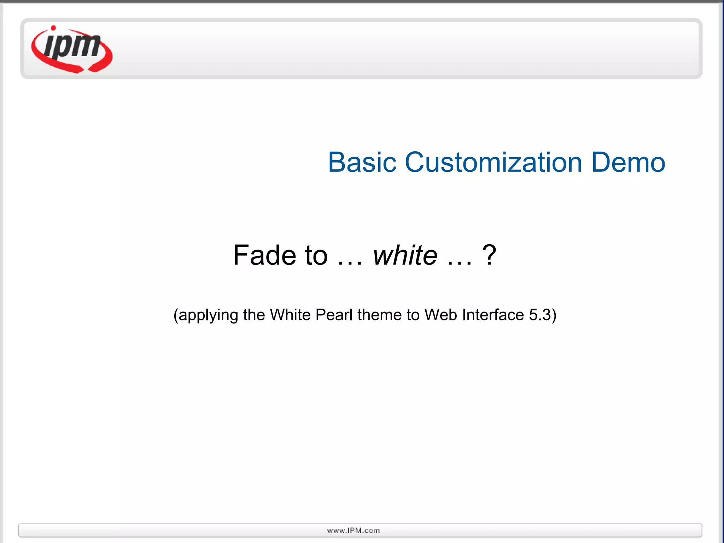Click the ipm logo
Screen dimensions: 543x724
(72, 49)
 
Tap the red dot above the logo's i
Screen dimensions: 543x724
(53, 28)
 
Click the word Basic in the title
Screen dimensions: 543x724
(362, 163)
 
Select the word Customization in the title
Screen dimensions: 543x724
(493, 163)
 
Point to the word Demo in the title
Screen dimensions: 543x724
(628, 163)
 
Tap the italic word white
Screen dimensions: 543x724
(405, 255)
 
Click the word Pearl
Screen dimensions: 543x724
(334, 315)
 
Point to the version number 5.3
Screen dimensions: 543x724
(540, 315)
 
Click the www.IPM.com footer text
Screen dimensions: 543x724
(354, 530)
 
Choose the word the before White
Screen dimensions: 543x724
(254, 315)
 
